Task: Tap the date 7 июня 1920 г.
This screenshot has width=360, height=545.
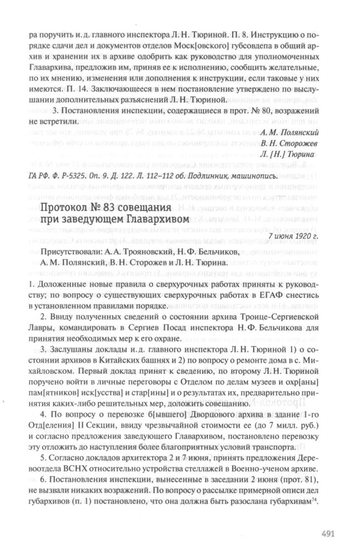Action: click(x=304, y=236)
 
